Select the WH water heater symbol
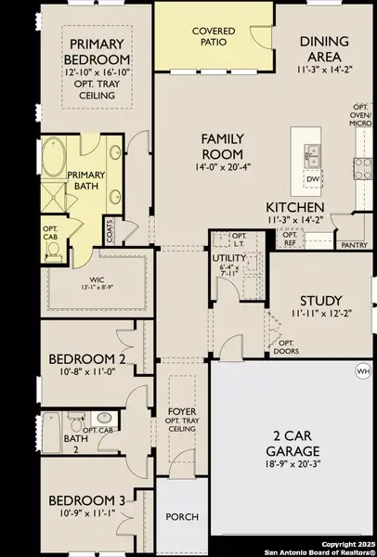pos(362,371)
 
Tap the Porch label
pos(181,516)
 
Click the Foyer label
pos(181,410)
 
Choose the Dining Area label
pos(324,48)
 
